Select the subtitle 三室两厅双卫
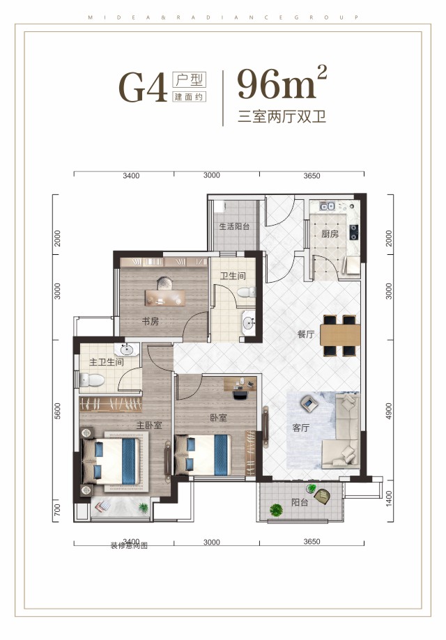[282, 116]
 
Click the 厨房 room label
[330, 235]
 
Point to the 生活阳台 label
[234, 226]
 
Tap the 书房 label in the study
[151, 321]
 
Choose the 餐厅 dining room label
[306, 334]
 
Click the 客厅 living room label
[300, 428]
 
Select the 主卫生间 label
[107, 362]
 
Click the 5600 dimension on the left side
[59, 416]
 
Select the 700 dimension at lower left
[59, 513]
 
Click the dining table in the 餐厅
[339, 334]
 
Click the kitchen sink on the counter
[328, 206]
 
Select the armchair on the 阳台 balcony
[323, 496]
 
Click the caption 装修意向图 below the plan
[129, 546]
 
